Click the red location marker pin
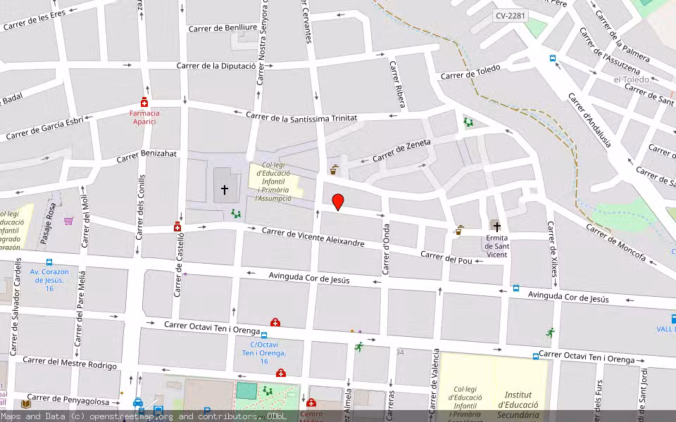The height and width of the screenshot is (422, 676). point(338,202)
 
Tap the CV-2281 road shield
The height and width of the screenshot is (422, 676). point(510,15)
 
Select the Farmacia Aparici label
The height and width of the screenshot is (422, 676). point(144,117)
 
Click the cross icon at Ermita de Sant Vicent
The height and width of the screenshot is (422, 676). point(496,226)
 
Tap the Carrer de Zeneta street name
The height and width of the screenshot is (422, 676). point(401,152)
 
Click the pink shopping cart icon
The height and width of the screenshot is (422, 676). point(68,221)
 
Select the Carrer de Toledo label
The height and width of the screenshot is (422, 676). point(470,72)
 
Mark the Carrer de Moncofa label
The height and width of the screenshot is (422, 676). point(615,243)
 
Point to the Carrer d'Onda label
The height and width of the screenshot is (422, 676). point(386,250)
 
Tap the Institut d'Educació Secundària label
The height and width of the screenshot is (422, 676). point(518,404)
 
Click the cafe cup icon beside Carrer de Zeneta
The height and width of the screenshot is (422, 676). point(334,170)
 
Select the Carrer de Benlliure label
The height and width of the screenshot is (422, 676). point(223,27)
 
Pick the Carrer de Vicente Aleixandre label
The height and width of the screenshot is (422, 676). point(313,237)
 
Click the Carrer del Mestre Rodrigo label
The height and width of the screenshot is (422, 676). point(70,362)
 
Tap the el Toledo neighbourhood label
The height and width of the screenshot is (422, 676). point(631,79)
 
